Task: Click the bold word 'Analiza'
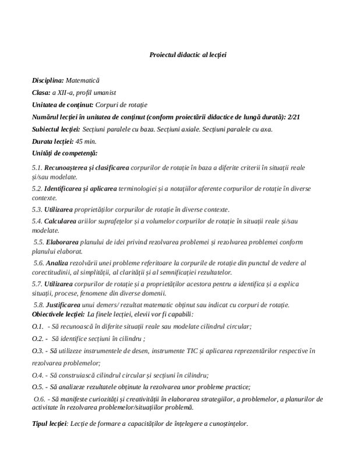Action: point(58,263)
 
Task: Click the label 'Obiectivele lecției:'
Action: point(58,315)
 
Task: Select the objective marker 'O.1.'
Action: point(38,327)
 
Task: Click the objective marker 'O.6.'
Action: point(40,398)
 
